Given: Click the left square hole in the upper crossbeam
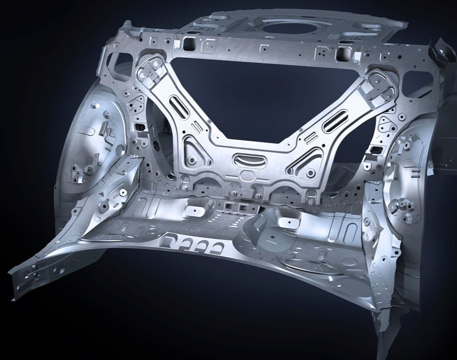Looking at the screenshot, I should [x=189, y=44].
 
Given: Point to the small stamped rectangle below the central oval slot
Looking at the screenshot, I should [x=246, y=175].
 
